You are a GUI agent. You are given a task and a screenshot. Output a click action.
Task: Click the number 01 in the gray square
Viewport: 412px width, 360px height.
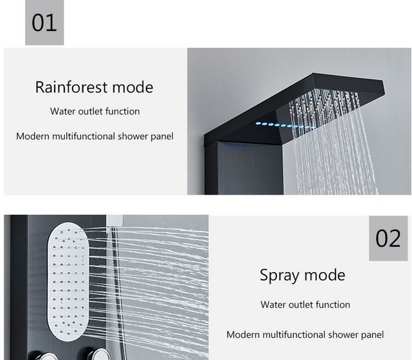tap(44, 23)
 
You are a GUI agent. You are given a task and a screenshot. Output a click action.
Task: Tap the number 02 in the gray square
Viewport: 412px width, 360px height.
tap(388, 239)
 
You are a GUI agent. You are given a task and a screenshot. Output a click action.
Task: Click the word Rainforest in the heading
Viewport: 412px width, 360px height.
tap(71, 87)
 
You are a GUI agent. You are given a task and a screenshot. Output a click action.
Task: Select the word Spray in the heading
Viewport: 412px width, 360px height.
tap(280, 276)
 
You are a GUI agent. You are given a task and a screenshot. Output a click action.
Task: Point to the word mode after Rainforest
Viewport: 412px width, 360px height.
tap(132, 87)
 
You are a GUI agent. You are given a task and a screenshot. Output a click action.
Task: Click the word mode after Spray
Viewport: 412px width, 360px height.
tap(325, 275)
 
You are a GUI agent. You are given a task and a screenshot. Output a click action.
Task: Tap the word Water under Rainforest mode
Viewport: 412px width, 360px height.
tap(63, 111)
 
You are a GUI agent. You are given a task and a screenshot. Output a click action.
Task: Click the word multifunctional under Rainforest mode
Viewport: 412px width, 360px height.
tap(83, 136)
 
